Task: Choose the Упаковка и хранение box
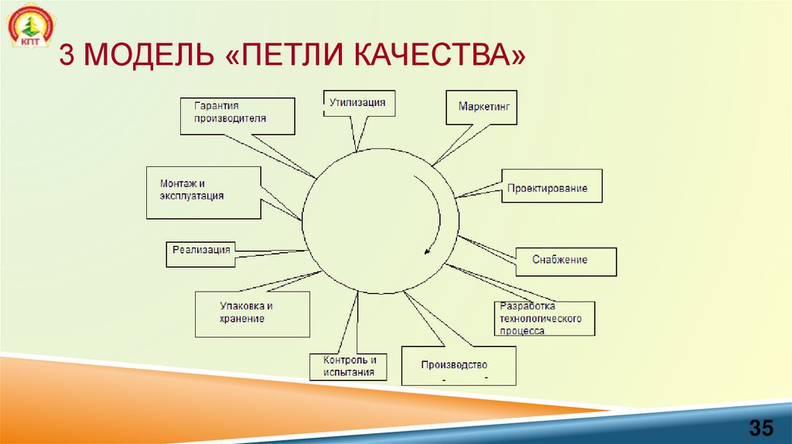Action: (x=252, y=313)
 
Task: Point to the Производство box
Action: (x=458, y=366)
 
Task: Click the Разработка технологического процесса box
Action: (x=544, y=318)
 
